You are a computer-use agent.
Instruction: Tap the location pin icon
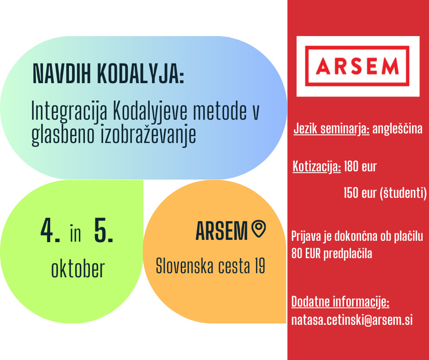(259, 228)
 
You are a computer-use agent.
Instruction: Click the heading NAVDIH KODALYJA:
(108, 74)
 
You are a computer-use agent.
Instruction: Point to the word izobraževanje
(149, 134)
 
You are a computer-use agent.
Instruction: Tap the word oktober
(78, 269)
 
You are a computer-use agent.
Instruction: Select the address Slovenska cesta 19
(210, 265)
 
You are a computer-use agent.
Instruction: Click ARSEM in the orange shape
(222, 231)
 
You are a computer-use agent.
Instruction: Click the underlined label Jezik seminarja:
(331, 129)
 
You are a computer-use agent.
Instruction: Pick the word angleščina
(397, 129)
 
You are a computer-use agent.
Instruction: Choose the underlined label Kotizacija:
(317, 167)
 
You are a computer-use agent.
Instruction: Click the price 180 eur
(361, 166)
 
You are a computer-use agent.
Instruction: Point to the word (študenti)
(403, 193)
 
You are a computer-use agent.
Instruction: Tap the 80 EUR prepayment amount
(306, 254)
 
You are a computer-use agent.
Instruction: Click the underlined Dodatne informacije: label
(340, 302)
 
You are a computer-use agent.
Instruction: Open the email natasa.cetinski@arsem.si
(352, 320)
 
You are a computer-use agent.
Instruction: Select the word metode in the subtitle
(220, 111)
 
